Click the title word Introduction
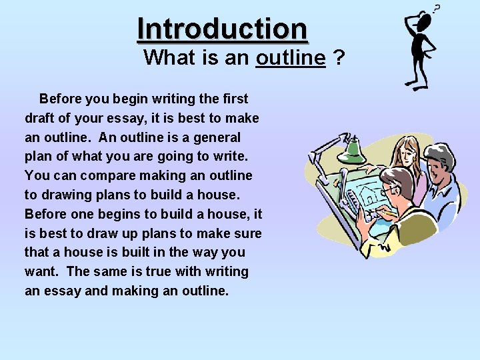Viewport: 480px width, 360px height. click(222, 29)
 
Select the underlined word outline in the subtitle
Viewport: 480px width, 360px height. click(290, 58)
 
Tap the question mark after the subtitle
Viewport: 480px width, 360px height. click(339, 58)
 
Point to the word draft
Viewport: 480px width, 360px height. click(41, 118)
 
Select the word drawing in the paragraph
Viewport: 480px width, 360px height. click(67, 195)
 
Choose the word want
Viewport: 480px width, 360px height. click(41, 272)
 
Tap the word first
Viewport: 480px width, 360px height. click(233, 99)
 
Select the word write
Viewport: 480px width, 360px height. click(230, 157)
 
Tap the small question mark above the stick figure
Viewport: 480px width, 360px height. click(437, 9)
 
